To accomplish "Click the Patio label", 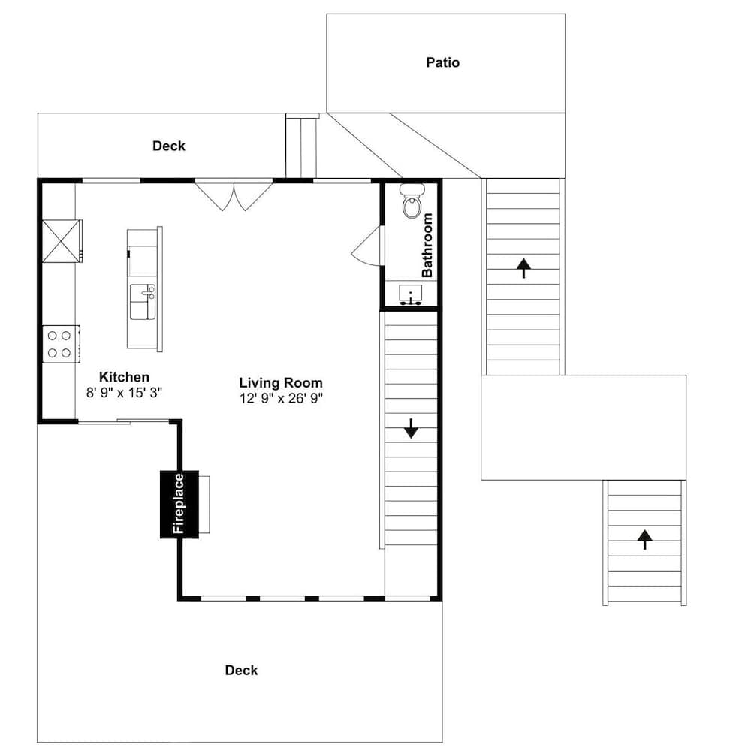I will click(442, 62).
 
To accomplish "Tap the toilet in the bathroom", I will click(411, 204).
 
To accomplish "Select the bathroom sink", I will click(410, 293).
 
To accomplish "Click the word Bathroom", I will click(427, 246).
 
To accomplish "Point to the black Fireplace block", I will click(179, 504).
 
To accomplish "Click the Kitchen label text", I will click(125, 377).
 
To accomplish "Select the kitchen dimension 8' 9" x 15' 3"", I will click(125, 392).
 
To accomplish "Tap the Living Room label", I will click(281, 382).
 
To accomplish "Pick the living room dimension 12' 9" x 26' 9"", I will click(281, 398).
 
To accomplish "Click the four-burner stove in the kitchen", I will click(61, 344).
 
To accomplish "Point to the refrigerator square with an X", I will click(61, 240).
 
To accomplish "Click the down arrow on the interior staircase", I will click(411, 428).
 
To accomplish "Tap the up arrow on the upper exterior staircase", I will click(523, 267).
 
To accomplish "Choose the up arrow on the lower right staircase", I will click(644, 539).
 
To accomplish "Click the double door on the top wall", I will click(234, 195).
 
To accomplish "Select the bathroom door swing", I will click(369, 246).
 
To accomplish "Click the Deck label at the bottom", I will click(241, 670).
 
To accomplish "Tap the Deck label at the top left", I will click(168, 146).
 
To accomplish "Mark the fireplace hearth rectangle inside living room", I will click(204, 504).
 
